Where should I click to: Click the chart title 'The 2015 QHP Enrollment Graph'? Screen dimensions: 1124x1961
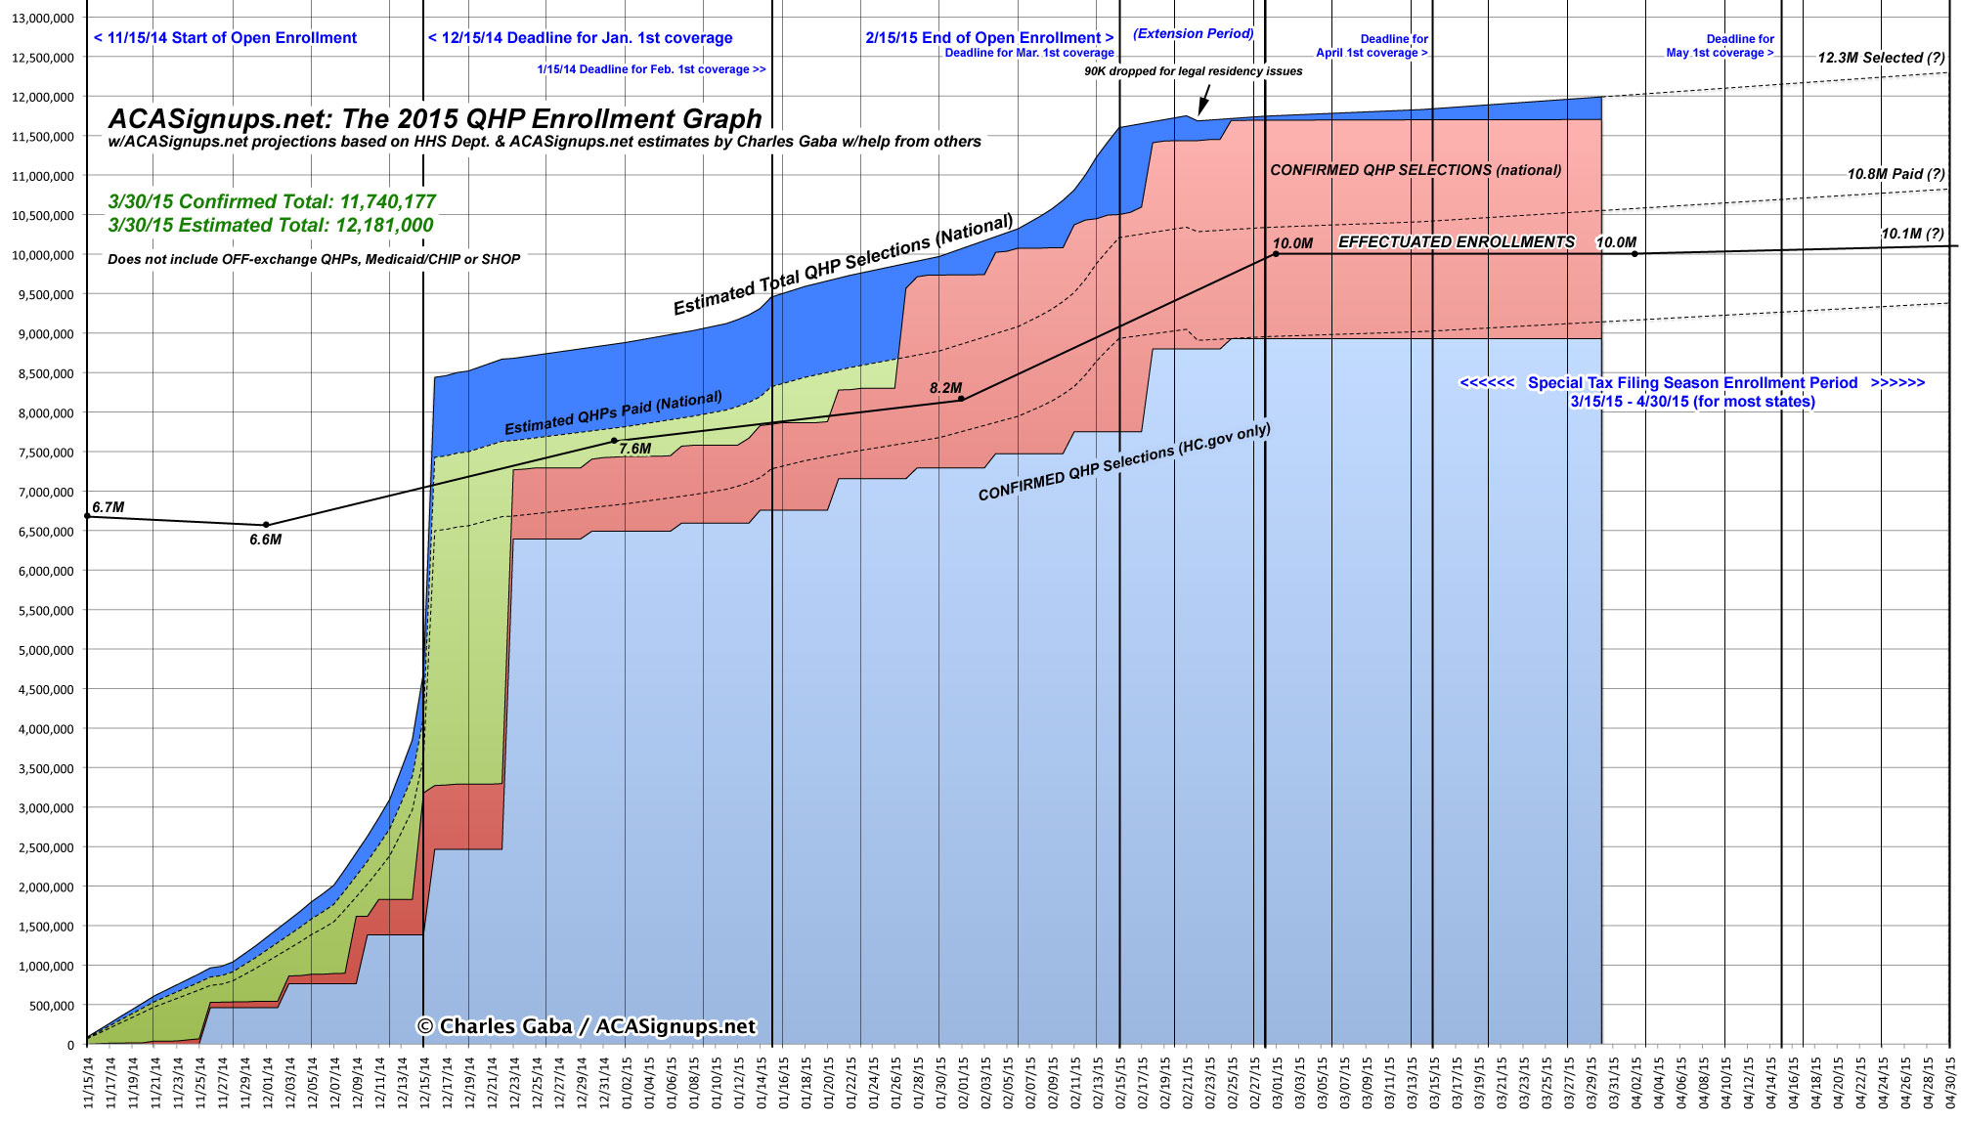(x=434, y=119)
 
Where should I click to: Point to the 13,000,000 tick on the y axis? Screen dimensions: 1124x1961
(x=42, y=19)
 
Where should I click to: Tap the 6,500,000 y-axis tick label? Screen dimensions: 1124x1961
(x=42, y=532)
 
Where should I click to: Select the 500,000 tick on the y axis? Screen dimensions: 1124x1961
(x=47, y=1006)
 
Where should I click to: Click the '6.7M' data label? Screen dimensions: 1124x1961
(x=108, y=507)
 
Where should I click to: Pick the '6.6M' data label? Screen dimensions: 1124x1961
(x=265, y=540)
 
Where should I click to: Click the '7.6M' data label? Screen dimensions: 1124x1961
(x=634, y=449)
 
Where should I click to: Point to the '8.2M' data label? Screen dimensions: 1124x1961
(x=945, y=388)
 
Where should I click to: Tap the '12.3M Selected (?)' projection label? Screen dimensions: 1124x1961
(x=1881, y=58)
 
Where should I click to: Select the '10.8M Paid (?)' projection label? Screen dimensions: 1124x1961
(x=1896, y=174)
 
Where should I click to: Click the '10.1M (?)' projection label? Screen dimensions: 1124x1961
(x=1912, y=234)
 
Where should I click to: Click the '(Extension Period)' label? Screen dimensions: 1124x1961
(x=1193, y=33)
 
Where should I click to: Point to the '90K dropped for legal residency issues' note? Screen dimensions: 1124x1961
(x=1193, y=71)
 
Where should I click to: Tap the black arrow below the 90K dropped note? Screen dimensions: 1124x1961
(x=1204, y=101)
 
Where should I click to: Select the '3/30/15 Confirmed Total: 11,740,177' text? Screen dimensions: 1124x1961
(x=272, y=201)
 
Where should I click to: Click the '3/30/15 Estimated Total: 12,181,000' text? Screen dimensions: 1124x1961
(x=271, y=225)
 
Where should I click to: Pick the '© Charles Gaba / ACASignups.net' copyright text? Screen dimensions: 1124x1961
(x=587, y=1026)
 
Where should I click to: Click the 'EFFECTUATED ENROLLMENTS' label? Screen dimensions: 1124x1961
(x=1456, y=241)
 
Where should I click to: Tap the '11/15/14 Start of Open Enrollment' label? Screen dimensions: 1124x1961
(x=226, y=38)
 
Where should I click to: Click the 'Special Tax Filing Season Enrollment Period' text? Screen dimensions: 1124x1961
(x=1692, y=383)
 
